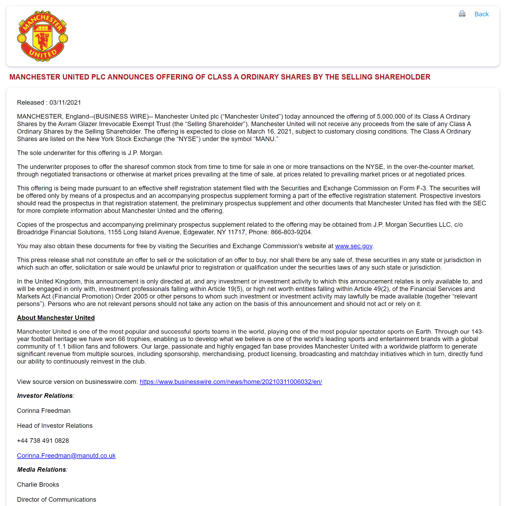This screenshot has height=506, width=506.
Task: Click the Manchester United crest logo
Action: (42, 36)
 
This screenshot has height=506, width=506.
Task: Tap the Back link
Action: (481, 14)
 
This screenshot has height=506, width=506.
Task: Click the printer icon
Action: (462, 14)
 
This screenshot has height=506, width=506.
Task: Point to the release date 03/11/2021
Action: (65, 103)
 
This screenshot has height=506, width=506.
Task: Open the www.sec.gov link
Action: (353, 246)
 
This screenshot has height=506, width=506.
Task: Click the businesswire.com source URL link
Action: (231, 382)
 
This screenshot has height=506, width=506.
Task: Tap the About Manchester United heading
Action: (56, 318)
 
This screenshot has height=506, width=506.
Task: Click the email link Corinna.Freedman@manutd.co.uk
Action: (66, 456)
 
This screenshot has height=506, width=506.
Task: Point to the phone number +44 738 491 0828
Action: (43, 441)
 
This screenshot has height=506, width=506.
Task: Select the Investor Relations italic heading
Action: (45, 396)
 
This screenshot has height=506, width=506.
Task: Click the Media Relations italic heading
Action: (41, 470)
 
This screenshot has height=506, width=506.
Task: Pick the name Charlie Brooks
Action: (38, 485)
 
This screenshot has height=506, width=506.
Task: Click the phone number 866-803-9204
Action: (291, 232)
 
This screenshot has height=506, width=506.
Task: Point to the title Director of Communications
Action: (56, 500)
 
